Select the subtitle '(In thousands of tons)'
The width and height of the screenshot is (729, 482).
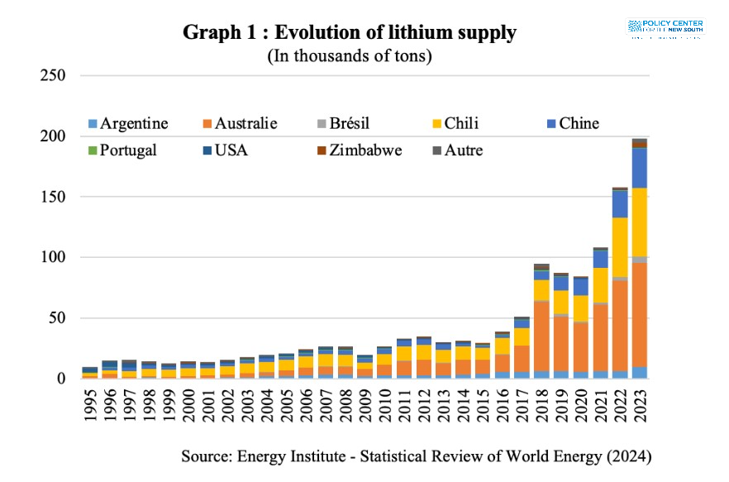pyautogui.click(x=350, y=56)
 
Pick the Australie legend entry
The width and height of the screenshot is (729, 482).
pyautogui.click(x=245, y=124)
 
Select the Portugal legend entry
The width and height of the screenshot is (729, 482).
pyautogui.click(x=128, y=150)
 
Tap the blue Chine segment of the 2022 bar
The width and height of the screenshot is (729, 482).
pyautogui.click(x=619, y=203)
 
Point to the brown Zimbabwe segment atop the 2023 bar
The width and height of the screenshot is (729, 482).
pyautogui.click(x=639, y=144)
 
